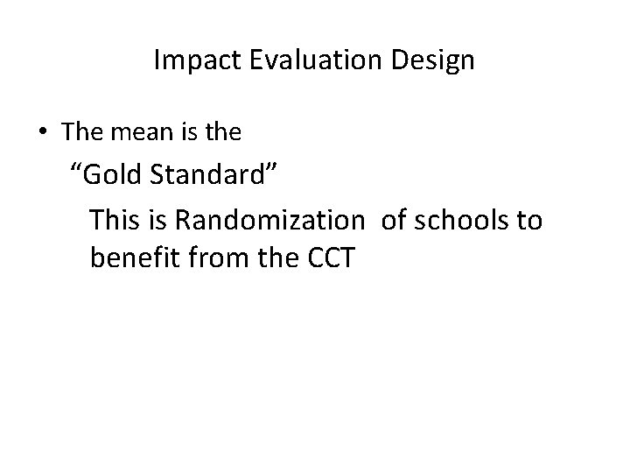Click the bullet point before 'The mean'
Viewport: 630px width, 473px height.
pyautogui.click(x=43, y=133)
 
